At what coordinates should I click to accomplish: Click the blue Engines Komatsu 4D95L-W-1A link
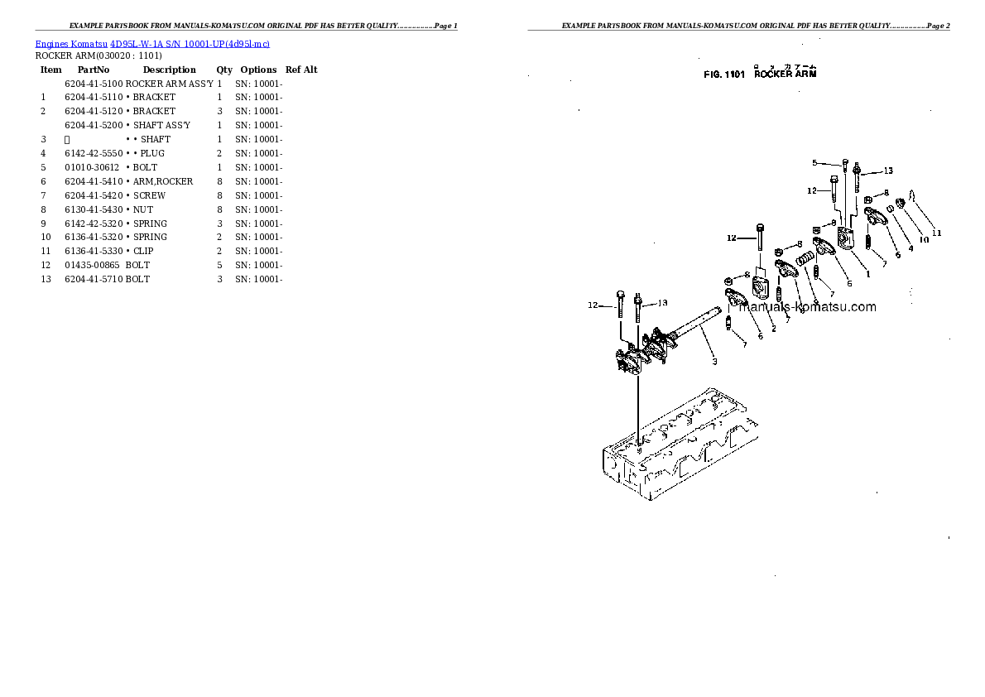(x=152, y=43)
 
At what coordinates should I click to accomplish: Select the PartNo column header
(x=94, y=70)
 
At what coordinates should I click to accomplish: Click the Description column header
(x=169, y=70)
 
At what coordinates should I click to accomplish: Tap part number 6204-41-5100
(x=94, y=84)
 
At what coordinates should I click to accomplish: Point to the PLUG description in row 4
(x=151, y=153)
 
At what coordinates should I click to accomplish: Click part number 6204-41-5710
(x=94, y=279)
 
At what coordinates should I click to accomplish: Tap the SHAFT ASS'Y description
(x=161, y=125)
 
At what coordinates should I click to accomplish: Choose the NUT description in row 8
(x=142, y=209)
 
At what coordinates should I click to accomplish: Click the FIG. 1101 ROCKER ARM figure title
(x=759, y=75)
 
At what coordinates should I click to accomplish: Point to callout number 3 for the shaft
(x=714, y=361)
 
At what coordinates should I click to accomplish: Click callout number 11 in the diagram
(x=936, y=233)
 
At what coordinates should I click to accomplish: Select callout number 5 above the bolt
(x=814, y=162)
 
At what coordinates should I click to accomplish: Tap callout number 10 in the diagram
(x=923, y=240)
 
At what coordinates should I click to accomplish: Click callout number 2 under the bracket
(x=773, y=329)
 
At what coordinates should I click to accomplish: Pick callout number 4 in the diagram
(x=910, y=248)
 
